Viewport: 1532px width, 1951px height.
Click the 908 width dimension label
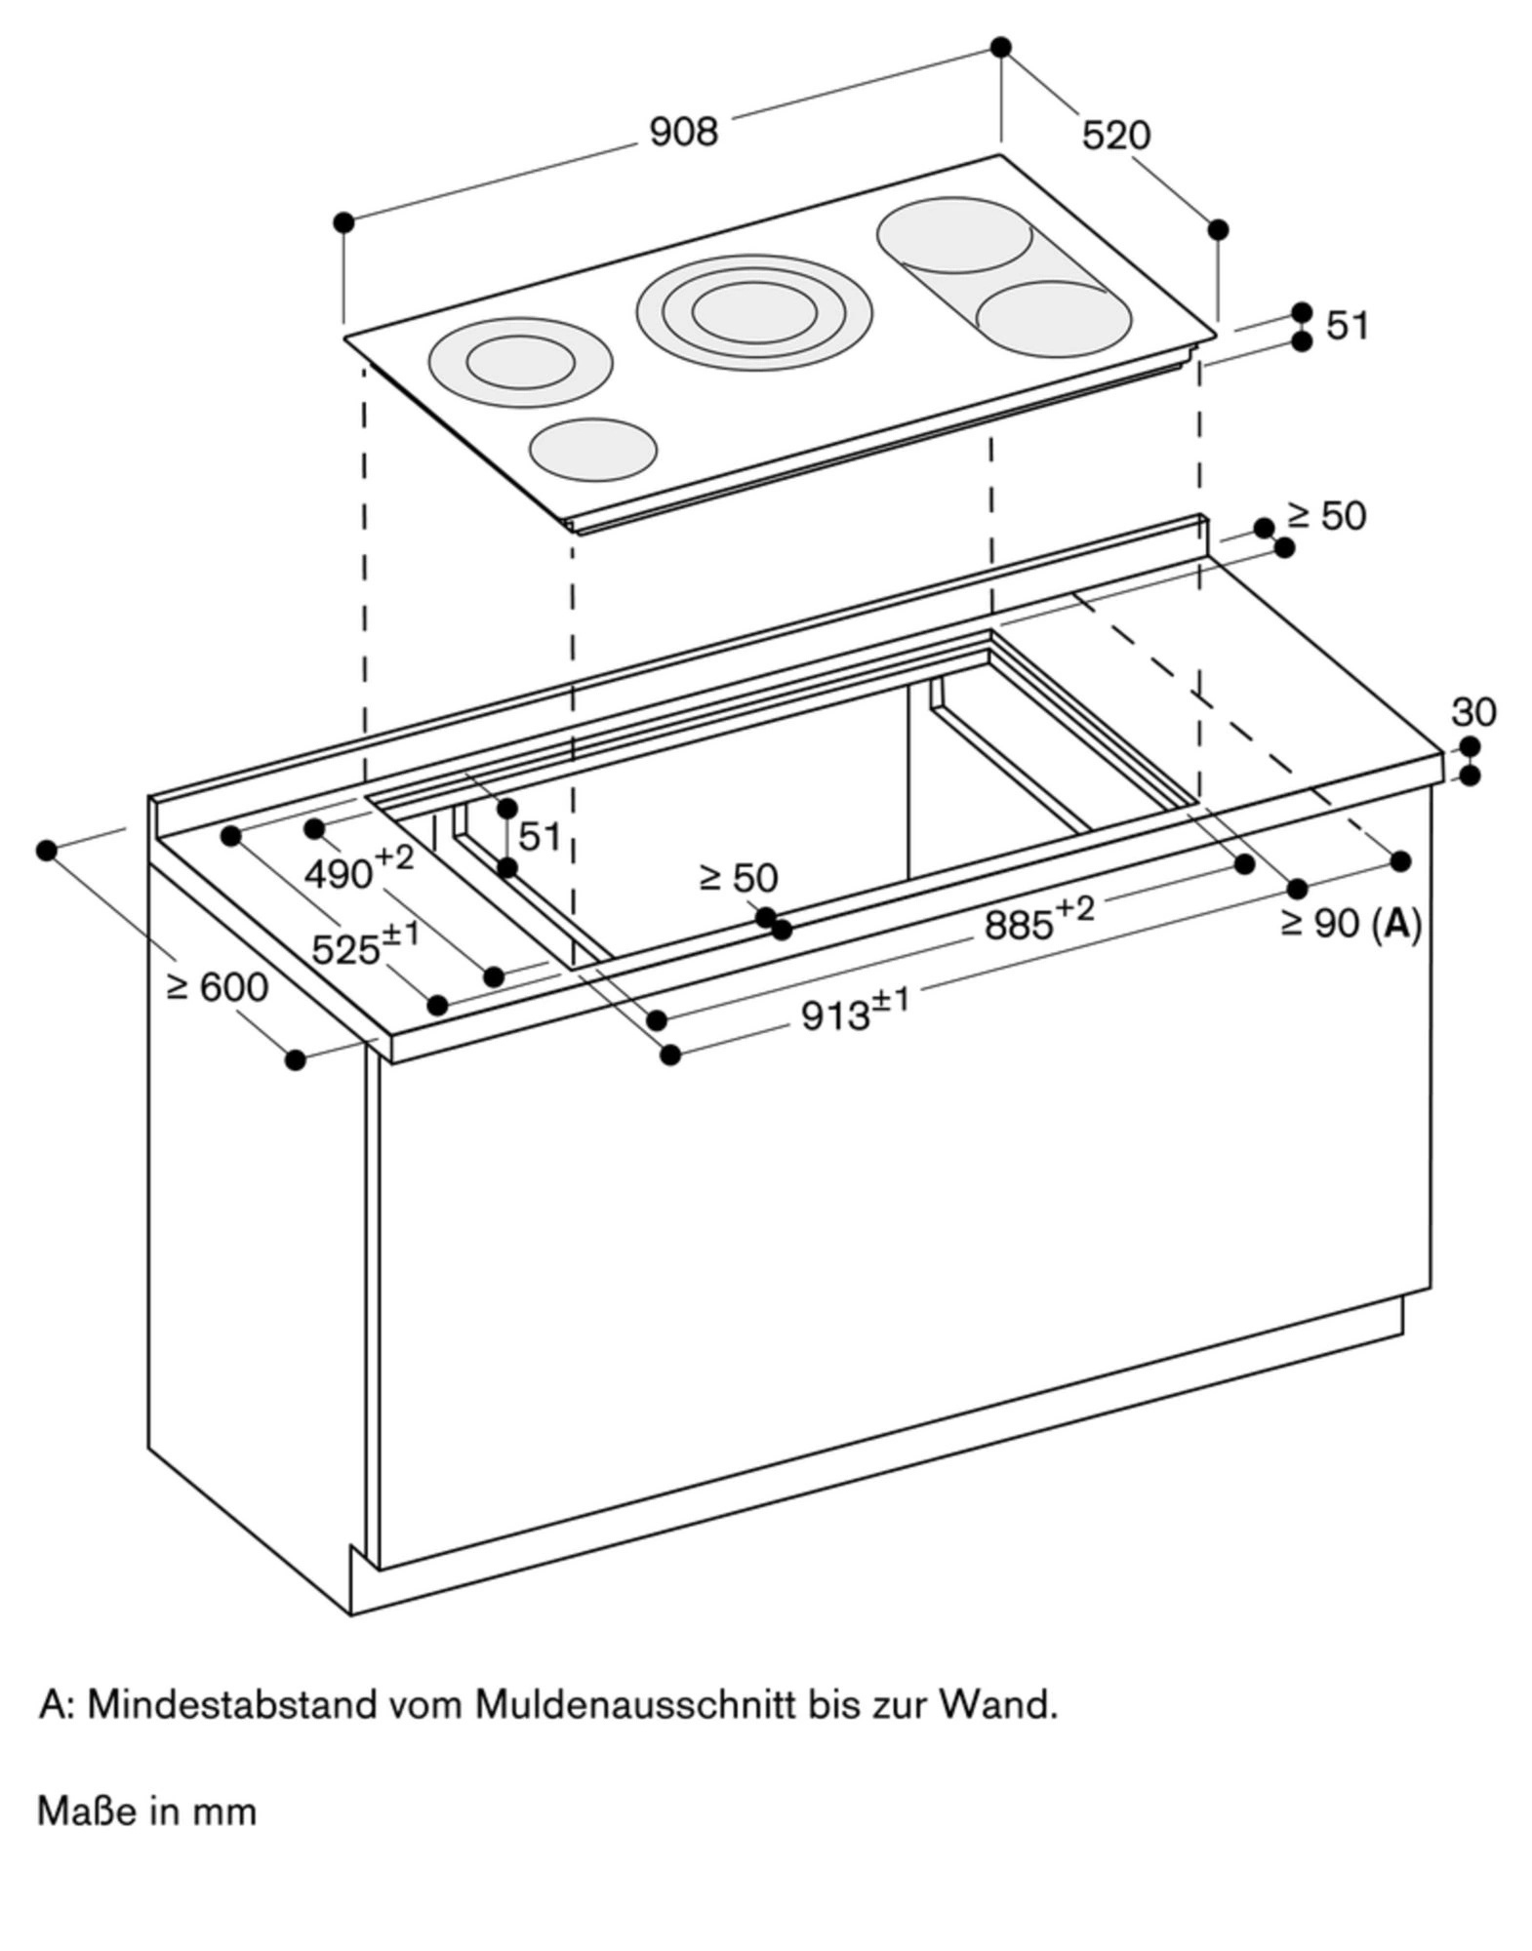tap(683, 132)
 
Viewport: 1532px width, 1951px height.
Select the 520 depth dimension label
tap(1116, 135)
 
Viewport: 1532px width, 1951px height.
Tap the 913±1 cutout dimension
tap(854, 1012)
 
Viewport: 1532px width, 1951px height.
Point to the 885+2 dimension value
tap(1038, 920)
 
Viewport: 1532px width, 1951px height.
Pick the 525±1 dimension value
tap(364, 945)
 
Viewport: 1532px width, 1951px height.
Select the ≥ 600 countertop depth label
tap(217, 987)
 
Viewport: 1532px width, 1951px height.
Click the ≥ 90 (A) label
tap(1351, 923)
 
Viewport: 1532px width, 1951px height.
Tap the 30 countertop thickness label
tap(1472, 713)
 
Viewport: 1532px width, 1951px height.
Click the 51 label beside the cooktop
tap(1348, 326)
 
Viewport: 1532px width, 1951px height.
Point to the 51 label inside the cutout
tap(540, 836)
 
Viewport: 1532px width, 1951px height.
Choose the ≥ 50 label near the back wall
tap(1326, 516)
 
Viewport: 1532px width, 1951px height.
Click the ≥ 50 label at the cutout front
tap(739, 878)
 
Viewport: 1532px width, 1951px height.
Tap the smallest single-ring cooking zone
tap(593, 450)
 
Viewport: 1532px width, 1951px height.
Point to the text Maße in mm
tap(146, 1812)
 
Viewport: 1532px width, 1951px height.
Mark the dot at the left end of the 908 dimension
tap(343, 222)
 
